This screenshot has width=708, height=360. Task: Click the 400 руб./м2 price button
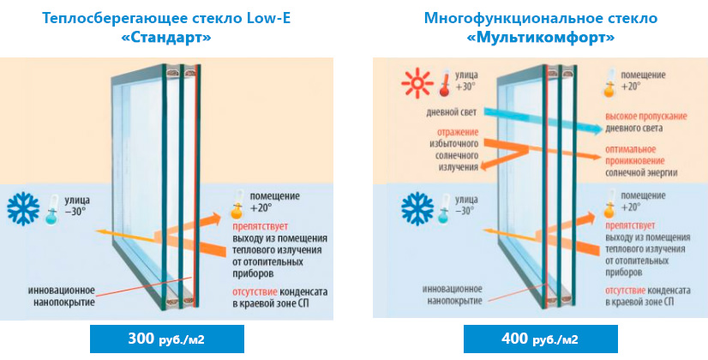pyautogui.click(x=541, y=339)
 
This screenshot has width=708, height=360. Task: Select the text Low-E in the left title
pyautogui.click(x=265, y=18)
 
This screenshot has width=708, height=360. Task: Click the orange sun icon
pyautogui.click(x=415, y=84)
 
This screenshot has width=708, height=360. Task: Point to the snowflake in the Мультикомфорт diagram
pyautogui.click(x=418, y=208)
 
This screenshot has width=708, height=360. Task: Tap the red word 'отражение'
pyautogui.click(x=443, y=131)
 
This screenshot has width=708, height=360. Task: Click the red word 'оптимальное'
pyautogui.click(x=630, y=148)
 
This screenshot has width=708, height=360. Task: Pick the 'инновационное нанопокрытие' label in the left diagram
pyautogui.click(x=61, y=296)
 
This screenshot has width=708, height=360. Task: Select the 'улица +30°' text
pyautogui.click(x=470, y=83)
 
